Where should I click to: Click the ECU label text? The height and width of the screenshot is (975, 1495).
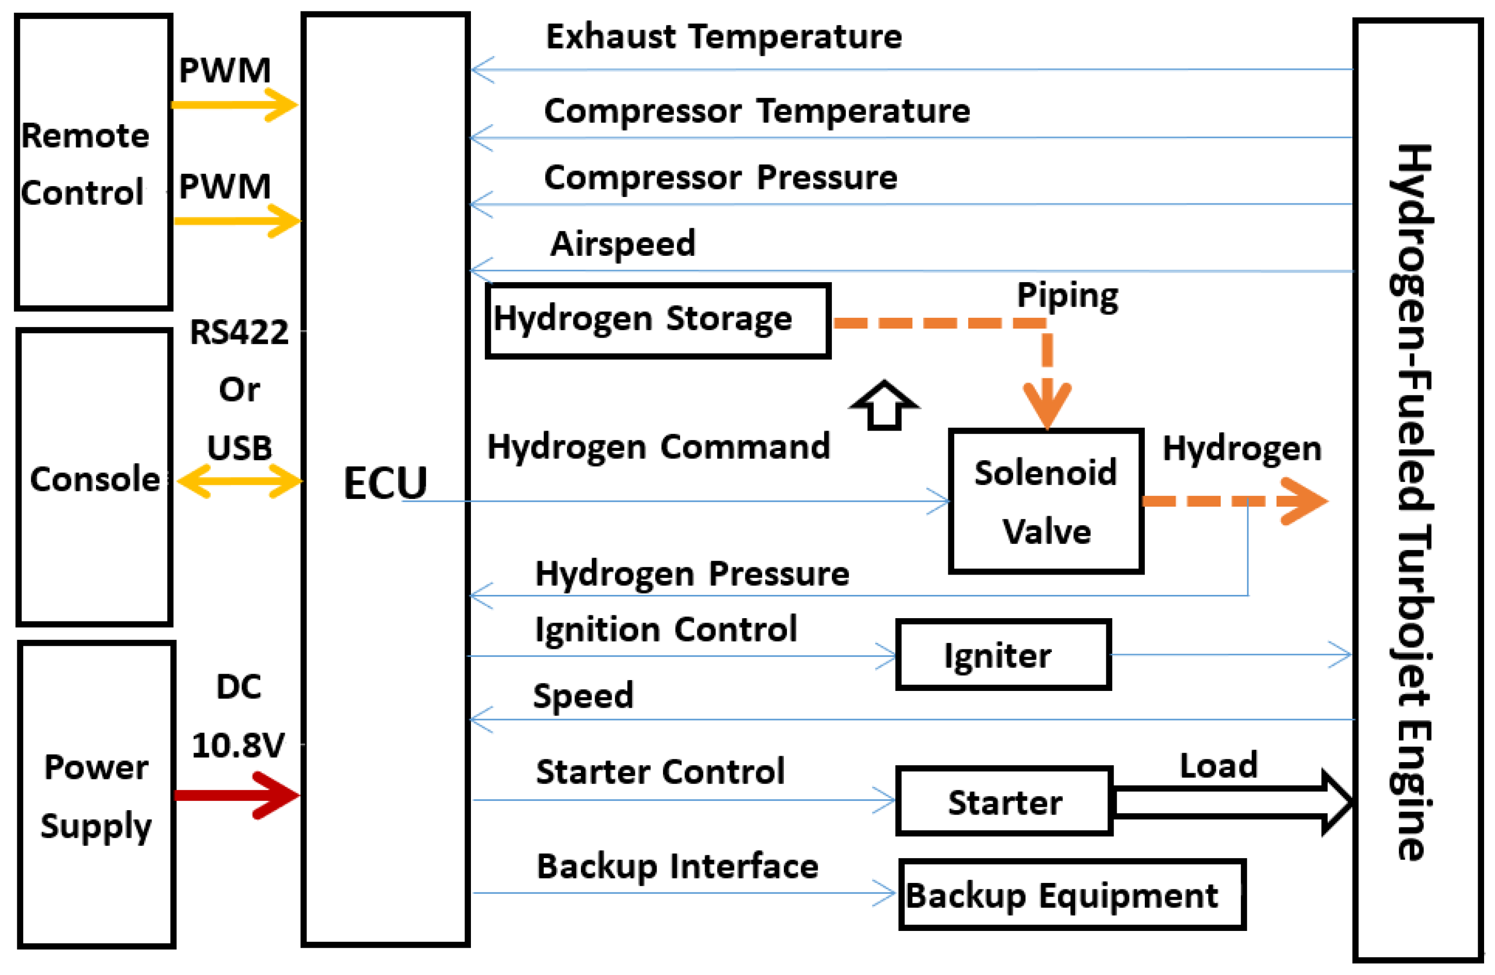coord(385,484)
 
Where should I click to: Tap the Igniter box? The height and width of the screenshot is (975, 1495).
coord(1003,655)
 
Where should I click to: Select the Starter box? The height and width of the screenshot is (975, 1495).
coord(1004,802)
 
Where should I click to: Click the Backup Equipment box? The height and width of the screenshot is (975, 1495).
coord(1072,895)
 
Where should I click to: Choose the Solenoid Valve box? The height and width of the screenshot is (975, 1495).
coord(1046,501)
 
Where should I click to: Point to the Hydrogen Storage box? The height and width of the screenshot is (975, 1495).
coord(658,321)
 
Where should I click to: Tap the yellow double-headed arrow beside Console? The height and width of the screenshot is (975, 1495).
coord(239,482)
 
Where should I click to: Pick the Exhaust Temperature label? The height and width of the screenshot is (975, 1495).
coord(723,37)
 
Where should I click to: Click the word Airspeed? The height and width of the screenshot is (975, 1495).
coord(622,244)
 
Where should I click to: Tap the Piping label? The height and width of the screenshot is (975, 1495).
coord(1067,295)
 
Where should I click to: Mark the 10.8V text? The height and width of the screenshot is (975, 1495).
coord(238,745)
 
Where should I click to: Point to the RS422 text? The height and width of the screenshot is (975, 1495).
coord(239,332)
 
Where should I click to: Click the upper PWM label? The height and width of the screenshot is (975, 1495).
coord(225,70)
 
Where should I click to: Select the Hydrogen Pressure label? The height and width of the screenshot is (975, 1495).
coord(692,574)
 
